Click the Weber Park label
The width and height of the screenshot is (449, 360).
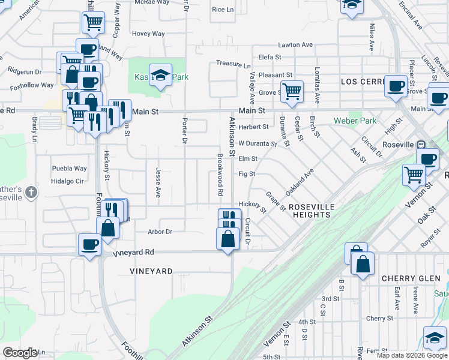[x=355, y=121]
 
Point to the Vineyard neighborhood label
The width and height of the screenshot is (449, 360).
[x=151, y=271]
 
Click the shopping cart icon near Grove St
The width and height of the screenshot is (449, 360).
[x=292, y=92]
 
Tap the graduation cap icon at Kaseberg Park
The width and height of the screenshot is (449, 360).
[x=160, y=75]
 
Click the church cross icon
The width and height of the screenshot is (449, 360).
[x=32, y=193]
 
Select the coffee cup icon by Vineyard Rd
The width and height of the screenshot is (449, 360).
[x=89, y=244]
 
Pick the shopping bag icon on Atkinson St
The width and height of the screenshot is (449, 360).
[x=228, y=238]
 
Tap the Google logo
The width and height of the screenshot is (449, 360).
[x=20, y=352]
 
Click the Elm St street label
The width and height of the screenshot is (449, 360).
[x=247, y=159]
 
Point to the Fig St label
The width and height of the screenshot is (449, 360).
[x=247, y=174]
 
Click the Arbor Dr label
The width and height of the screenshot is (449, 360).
[x=160, y=232]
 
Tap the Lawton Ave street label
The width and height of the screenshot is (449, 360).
[x=299, y=45]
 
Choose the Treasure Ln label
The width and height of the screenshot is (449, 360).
[x=234, y=64]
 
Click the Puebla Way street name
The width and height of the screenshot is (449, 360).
[x=69, y=169]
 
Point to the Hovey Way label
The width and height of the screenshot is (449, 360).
[x=148, y=34]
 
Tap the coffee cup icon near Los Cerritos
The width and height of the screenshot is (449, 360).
[x=396, y=86]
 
